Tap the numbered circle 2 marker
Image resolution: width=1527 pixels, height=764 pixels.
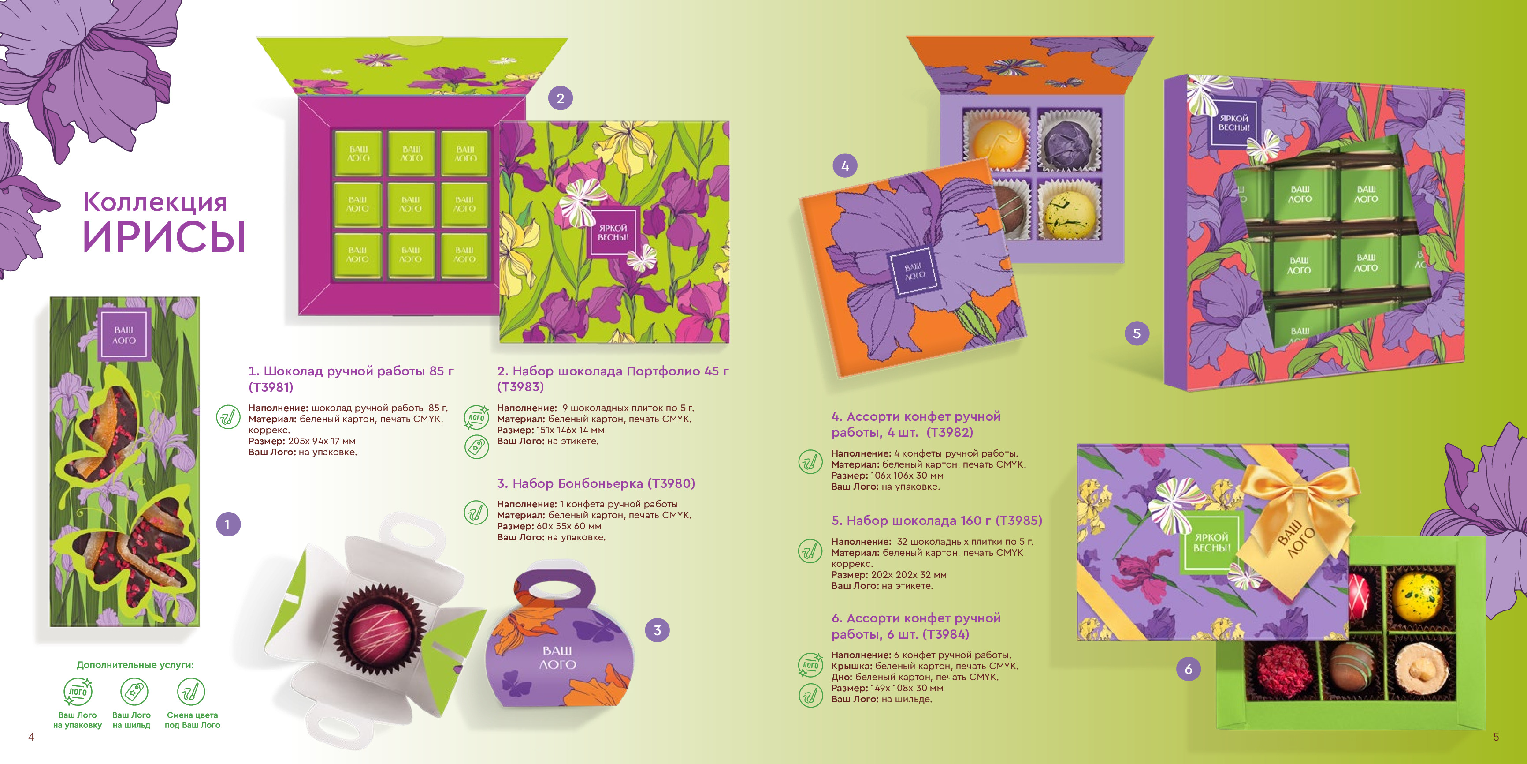click(560, 98)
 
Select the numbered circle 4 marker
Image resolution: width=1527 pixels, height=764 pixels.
click(845, 166)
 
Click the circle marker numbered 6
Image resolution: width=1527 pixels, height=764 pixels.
click(1189, 669)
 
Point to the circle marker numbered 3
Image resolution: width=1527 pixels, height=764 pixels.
click(657, 630)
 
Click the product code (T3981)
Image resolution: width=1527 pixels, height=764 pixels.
click(271, 387)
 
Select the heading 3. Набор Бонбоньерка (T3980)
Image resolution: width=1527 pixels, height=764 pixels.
click(596, 483)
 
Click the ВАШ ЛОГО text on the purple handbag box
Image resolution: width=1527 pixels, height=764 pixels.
click(557, 657)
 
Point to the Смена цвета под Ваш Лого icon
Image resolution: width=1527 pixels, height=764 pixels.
click(191, 691)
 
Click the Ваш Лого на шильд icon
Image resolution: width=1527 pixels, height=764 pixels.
click(134, 691)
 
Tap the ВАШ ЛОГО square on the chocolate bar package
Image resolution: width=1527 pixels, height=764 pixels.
click(124, 335)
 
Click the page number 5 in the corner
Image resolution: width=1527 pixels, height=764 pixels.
click(1496, 737)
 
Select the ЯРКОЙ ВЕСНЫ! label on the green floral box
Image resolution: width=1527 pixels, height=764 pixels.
click(613, 232)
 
